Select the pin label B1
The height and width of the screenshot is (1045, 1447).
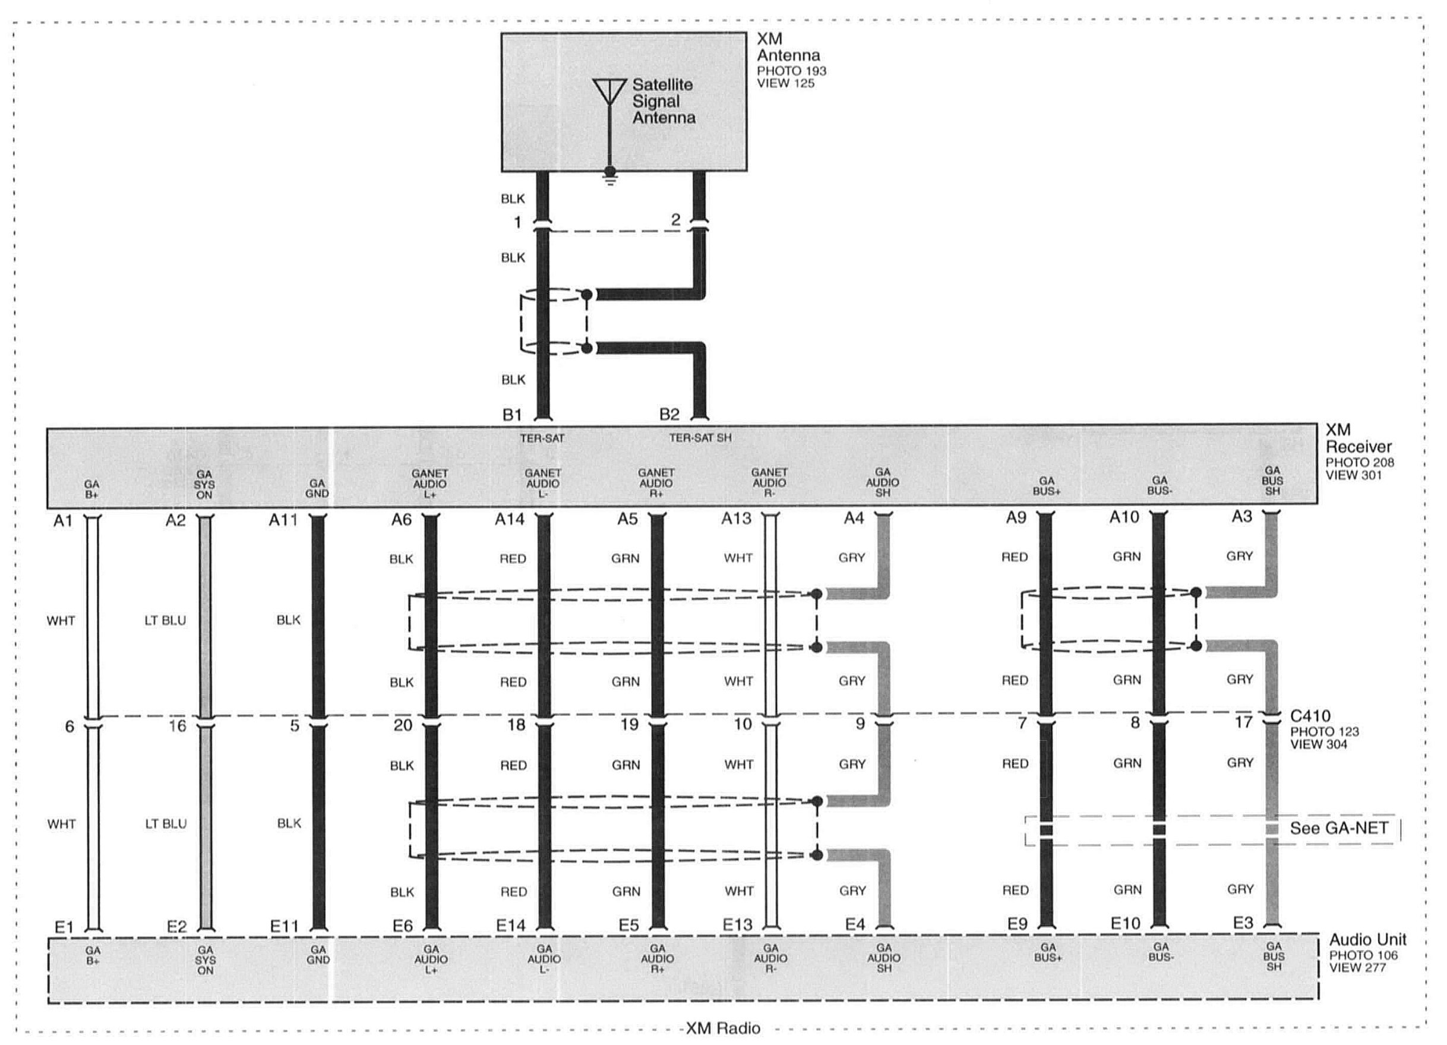(x=512, y=415)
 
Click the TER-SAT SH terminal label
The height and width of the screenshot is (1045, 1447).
(x=700, y=438)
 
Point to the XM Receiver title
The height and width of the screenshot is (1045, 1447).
(x=1358, y=438)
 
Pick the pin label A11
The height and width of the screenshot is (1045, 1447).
(x=283, y=520)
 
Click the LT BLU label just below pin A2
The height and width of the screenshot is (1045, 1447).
(x=165, y=620)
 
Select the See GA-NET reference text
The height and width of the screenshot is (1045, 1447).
(x=1339, y=828)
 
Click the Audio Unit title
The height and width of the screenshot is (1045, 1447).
(x=1368, y=939)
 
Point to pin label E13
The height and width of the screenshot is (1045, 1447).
(x=738, y=924)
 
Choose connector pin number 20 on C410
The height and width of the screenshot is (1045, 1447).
(x=403, y=725)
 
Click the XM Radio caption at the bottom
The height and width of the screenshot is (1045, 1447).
(x=723, y=1028)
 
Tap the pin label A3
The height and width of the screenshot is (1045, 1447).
(x=1241, y=516)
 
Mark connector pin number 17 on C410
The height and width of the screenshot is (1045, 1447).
(x=1243, y=722)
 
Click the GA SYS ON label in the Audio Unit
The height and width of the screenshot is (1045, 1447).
(x=206, y=960)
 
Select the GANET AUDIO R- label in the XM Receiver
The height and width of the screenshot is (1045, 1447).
(x=769, y=483)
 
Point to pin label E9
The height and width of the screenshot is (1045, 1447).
(x=1018, y=923)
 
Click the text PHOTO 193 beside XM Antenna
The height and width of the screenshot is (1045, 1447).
(x=791, y=71)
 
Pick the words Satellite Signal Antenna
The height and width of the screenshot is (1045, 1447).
(x=664, y=101)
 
